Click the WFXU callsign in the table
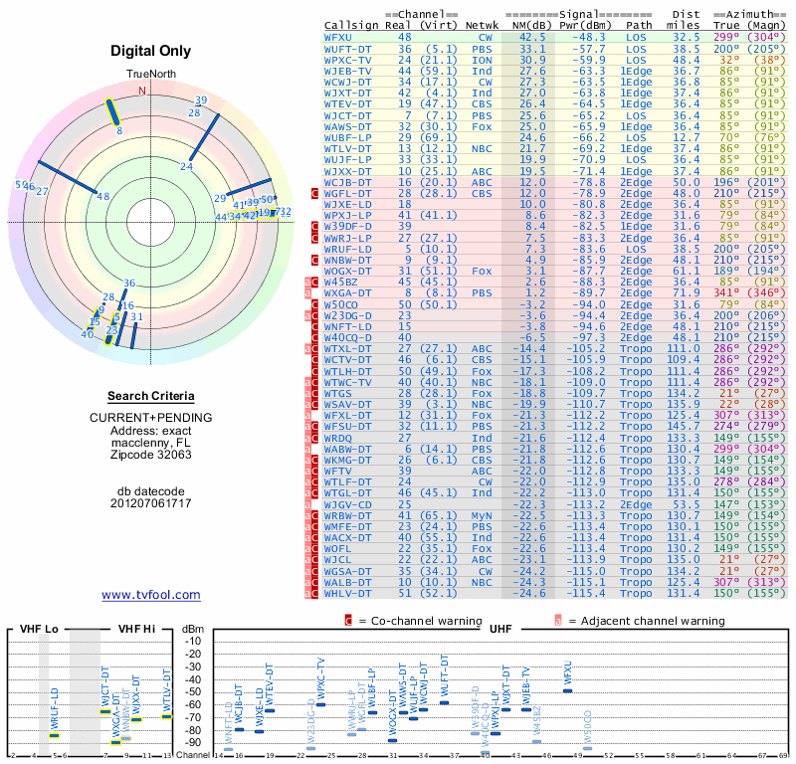click(x=338, y=36)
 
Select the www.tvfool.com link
click(x=151, y=595)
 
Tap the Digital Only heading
click(x=151, y=51)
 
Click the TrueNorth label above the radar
click(x=149, y=76)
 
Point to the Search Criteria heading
click(x=151, y=396)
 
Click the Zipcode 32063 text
click(x=151, y=455)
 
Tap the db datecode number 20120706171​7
click(x=151, y=503)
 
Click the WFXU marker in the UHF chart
click(x=568, y=689)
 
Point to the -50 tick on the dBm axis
click(x=193, y=691)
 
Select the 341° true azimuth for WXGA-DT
click(x=730, y=293)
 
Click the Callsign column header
click(x=352, y=25)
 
